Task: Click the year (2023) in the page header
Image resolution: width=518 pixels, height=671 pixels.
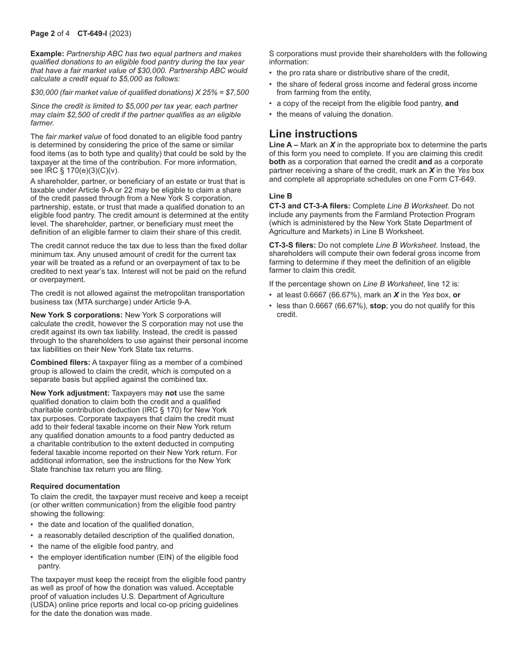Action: [x=120, y=33]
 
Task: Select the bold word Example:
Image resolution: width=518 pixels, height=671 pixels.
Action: [x=47, y=53]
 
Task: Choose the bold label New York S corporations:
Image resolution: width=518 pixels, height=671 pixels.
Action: [x=76, y=315]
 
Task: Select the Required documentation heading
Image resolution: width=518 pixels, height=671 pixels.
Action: [x=75, y=486]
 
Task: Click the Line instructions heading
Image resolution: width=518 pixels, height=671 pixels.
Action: [x=313, y=134]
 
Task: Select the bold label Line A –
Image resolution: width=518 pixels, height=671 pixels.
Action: [x=284, y=145]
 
